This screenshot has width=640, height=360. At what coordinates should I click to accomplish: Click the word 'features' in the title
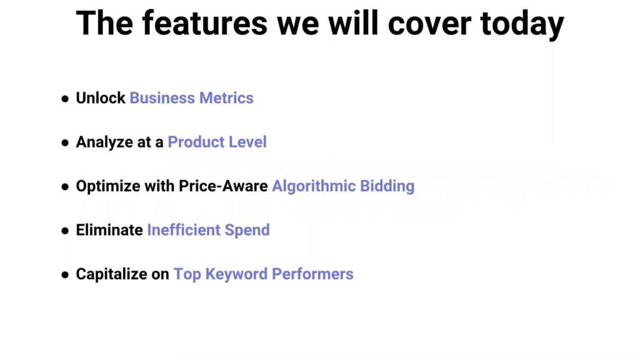(x=204, y=23)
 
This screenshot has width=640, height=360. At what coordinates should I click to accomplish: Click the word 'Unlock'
(x=101, y=98)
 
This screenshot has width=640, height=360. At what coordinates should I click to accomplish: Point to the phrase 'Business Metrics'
(x=191, y=98)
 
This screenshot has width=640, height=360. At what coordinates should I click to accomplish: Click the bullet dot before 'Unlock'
(x=65, y=98)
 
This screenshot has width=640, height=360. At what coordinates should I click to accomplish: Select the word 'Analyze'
(x=104, y=142)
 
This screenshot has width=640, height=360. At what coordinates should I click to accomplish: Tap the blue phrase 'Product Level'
(x=217, y=142)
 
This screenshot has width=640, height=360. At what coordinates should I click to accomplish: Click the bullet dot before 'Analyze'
(x=65, y=142)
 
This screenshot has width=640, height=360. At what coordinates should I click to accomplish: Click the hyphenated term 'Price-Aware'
(x=223, y=186)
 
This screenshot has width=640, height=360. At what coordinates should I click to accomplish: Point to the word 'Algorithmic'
(x=314, y=186)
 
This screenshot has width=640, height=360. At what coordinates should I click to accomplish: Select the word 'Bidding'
(x=387, y=186)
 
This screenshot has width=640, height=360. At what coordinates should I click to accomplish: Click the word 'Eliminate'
(x=109, y=230)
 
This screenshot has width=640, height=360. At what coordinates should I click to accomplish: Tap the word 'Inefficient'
(x=184, y=230)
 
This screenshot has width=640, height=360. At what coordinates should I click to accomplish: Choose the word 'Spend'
(x=247, y=231)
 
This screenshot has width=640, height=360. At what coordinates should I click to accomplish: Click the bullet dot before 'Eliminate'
(x=65, y=231)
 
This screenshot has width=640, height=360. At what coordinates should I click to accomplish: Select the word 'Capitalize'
(x=111, y=274)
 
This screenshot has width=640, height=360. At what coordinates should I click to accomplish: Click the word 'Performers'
(x=312, y=274)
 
